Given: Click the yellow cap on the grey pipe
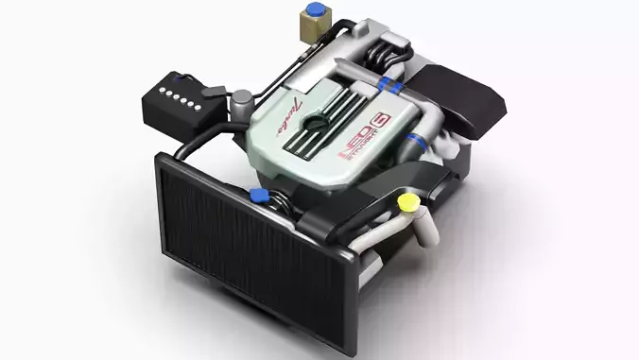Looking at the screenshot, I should pos(407,202).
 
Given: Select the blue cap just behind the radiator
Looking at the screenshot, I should pos(256,195).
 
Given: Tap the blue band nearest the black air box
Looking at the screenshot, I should pos(409,86).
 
